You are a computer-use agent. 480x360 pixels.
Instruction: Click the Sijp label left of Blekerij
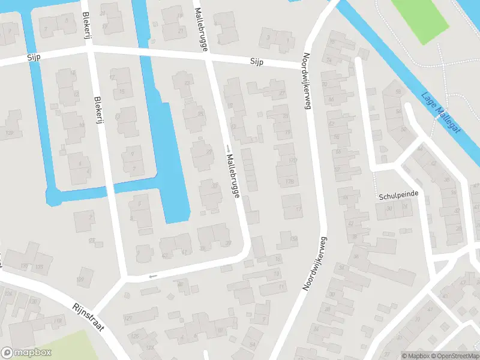coord(32,58)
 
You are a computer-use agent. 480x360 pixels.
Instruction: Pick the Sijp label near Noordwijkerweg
coord(257,62)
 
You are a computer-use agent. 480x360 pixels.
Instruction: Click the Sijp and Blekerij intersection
coord(91,50)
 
